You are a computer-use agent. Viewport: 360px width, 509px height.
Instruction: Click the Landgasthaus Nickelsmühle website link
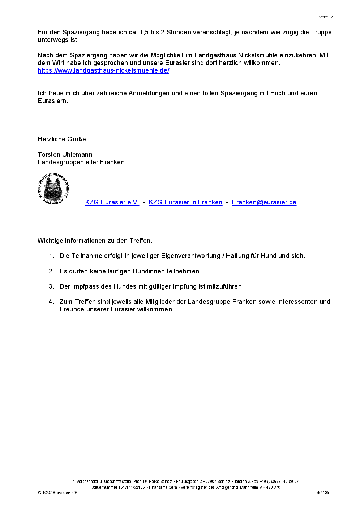pos(103,70)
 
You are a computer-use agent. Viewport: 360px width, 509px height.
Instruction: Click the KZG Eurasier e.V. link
pos(112,202)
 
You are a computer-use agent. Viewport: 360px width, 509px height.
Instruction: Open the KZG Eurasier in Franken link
pos(185,202)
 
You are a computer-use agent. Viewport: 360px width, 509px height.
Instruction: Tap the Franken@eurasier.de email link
pos(264,202)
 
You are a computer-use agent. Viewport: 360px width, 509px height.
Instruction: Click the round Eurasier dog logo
pos(53,189)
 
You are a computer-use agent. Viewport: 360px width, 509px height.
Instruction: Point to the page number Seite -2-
pos(326,17)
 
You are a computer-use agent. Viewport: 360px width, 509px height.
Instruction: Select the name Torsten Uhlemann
pos(65,155)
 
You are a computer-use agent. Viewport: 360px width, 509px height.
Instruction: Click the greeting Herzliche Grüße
pos(62,139)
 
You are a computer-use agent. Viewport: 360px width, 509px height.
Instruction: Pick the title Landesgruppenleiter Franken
pos(81,162)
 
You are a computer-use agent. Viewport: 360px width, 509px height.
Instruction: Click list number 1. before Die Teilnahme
pos(52,256)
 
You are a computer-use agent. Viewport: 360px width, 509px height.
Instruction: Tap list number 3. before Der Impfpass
pos(52,286)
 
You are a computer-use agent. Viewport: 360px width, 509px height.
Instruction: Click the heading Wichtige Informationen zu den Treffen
pos(95,241)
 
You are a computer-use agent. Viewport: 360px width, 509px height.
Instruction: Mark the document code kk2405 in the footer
pos(322,493)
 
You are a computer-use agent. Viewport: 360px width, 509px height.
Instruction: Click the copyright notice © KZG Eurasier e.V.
pos(58,493)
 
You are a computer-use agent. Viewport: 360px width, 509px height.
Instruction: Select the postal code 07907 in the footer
pos(211,482)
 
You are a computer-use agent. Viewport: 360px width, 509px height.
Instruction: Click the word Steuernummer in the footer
pos(104,487)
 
